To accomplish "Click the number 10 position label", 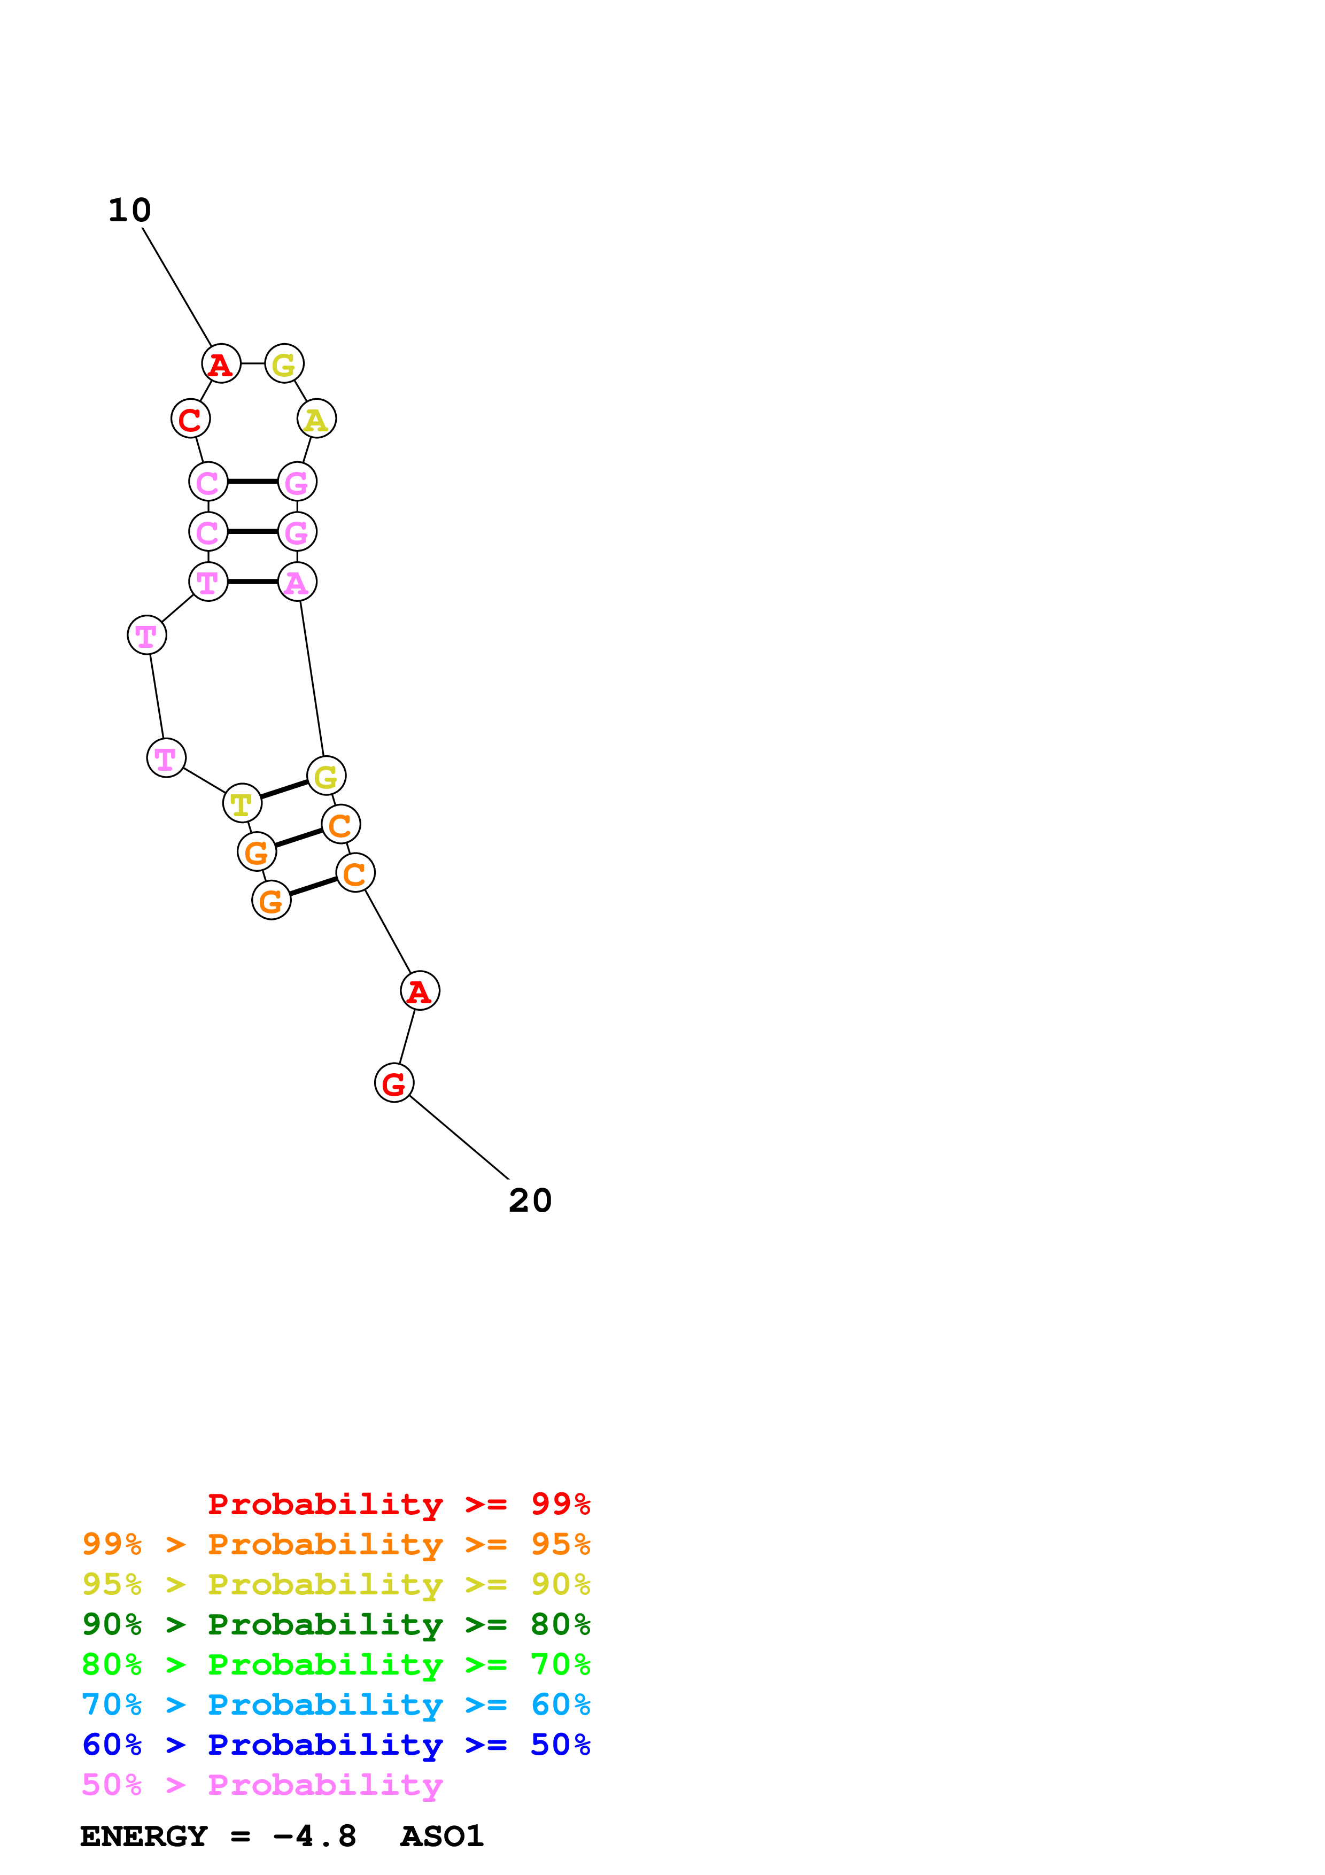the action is pyautogui.click(x=130, y=211).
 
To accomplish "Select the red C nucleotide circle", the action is pyautogui.click(x=190, y=419).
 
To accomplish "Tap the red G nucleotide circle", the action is pyautogui.click(x=394, y=1083).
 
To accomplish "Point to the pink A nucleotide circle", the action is pyautogui.click(x=297, y=582).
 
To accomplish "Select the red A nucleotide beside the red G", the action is pyautogui.click(x=420, y=990).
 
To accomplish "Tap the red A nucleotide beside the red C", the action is pyautogui.click(x=221, y=363).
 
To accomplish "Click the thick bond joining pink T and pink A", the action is pyautogui.click(x=252, y=582).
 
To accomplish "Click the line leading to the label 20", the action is pyautogui.click(x=458, y=1137).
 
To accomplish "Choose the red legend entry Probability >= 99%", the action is pyautogui.click(x=398, y=1504).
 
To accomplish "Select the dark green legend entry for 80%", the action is pyautogui.click(x=336, y=1624).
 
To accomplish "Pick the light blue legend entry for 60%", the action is pyautogui.click(x=336, y=1704).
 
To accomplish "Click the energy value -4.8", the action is pyautogui.click(x=314, y=1836).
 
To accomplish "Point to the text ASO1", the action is pyautogui.click(x=441, y=1836).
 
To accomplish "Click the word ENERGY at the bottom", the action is pyautogui.click(x=144, y=1836).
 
